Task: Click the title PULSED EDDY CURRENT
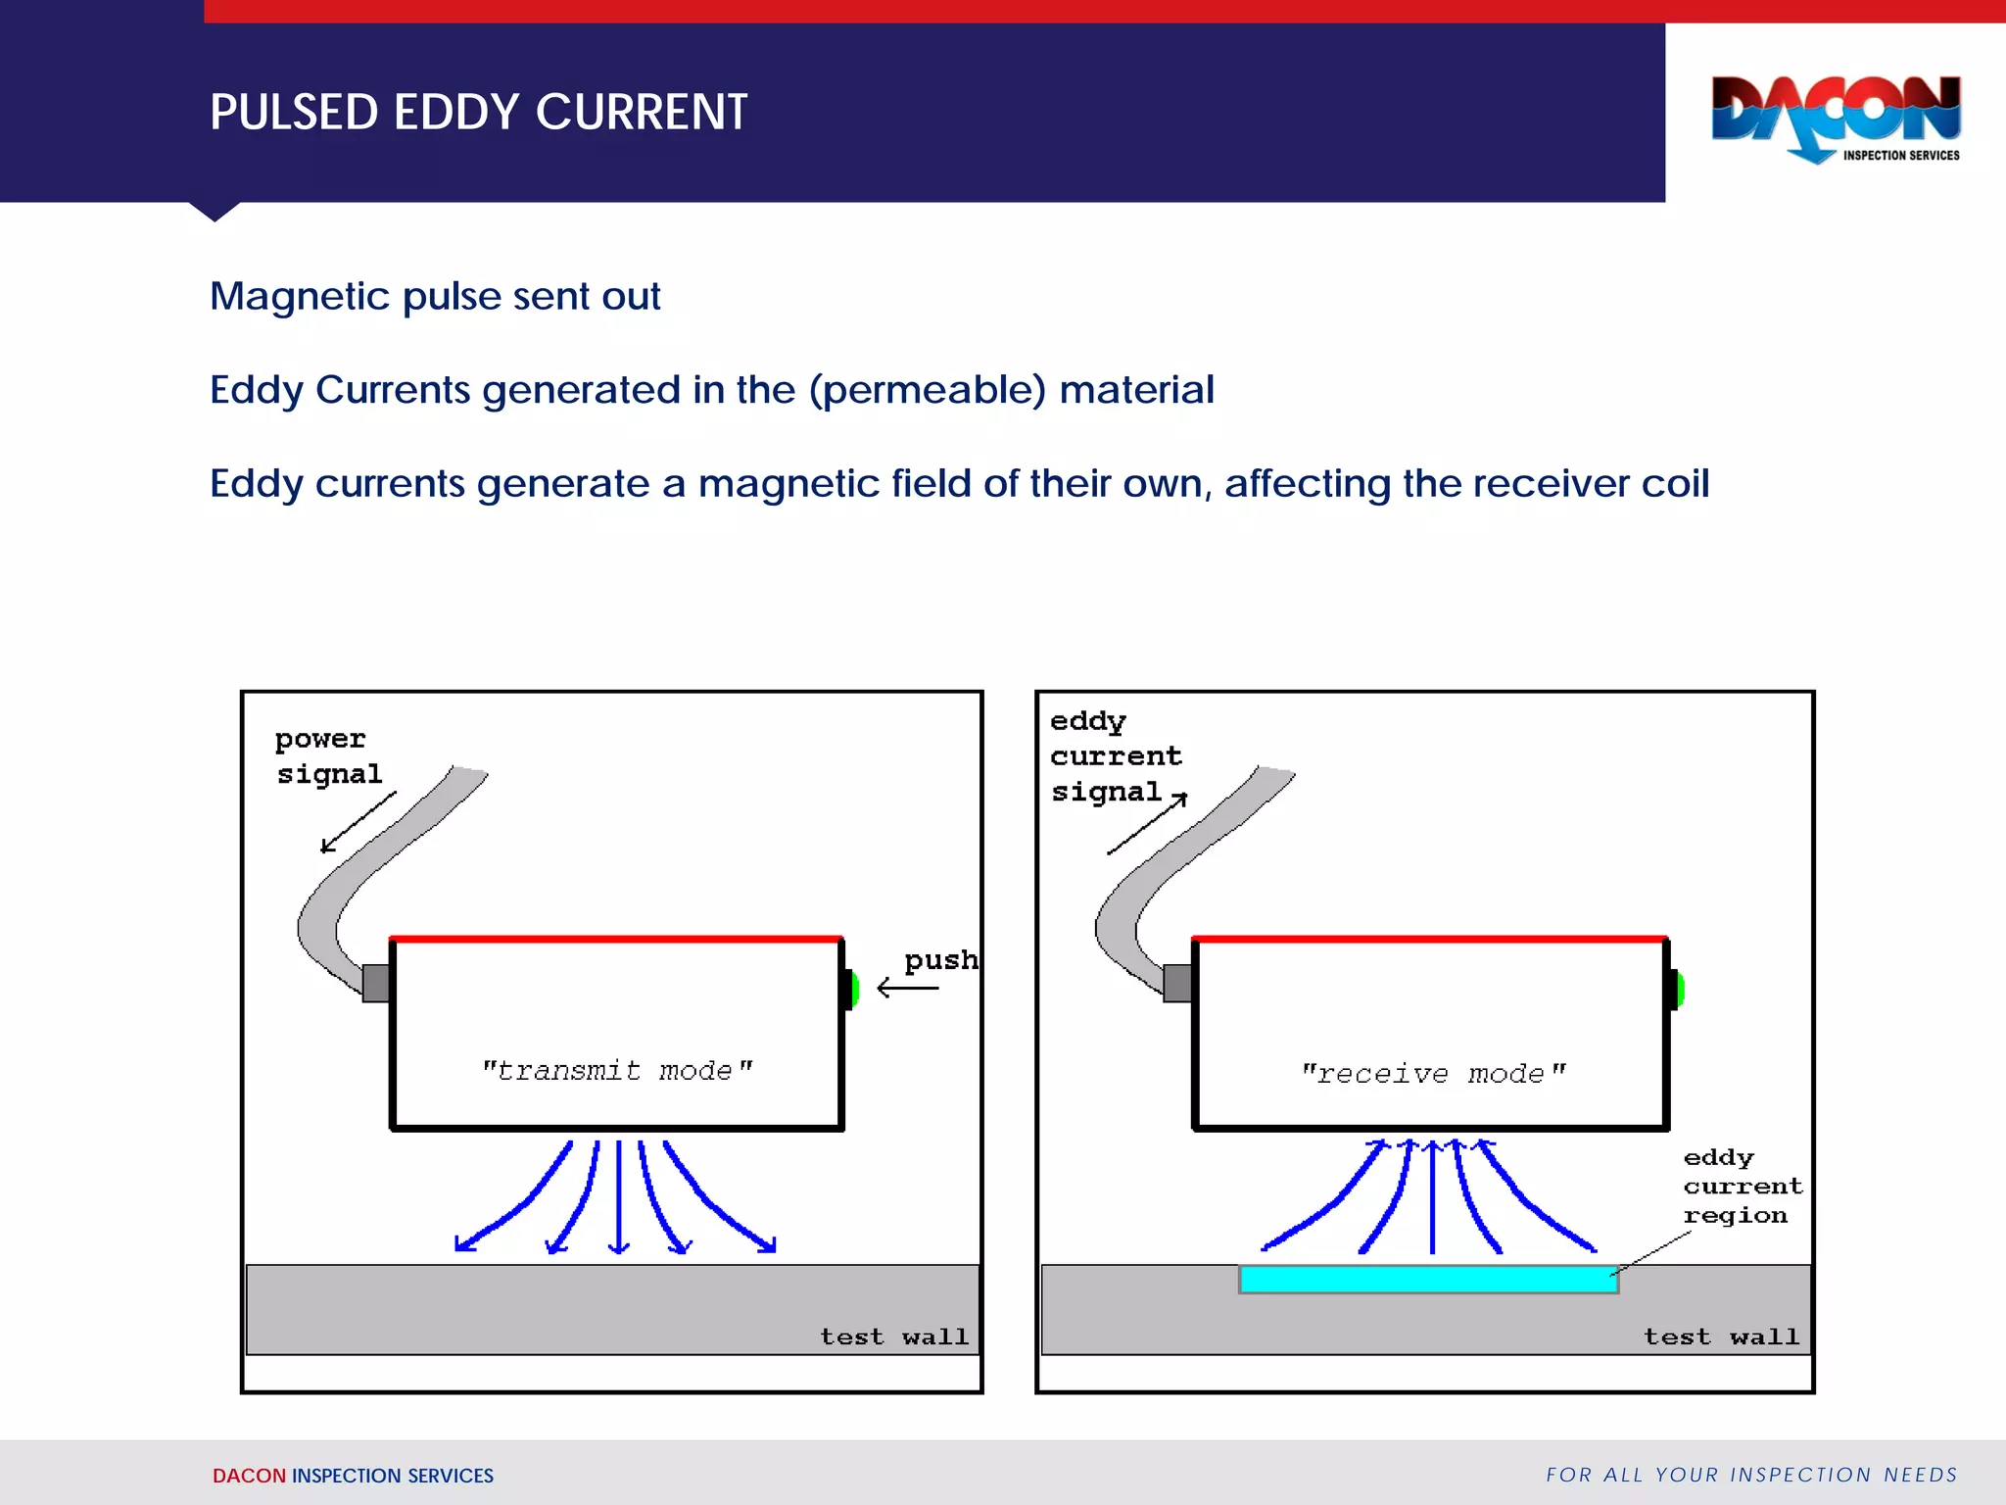tap(478, 112)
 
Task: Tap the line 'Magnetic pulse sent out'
tap(435, 296)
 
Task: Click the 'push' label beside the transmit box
tap(940, 959)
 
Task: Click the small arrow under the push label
tap(908, 988)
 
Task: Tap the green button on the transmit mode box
tap(853, 990)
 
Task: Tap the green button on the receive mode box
tap(1679, 990)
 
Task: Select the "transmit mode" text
tap(617, 1070)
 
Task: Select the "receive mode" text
tap(1433, 1074)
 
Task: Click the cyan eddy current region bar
tap(1427, 1279)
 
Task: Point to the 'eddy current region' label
tap(1741, 1187)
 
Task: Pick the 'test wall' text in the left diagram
tap(893, 1336)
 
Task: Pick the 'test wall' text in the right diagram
tap(1721, 1336)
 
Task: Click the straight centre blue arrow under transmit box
tap(618, 1195)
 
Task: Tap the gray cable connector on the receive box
tap(1177, 983)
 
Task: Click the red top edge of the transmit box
tap(616, 939)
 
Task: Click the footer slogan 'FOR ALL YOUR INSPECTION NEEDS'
tap(1750, 1475)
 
